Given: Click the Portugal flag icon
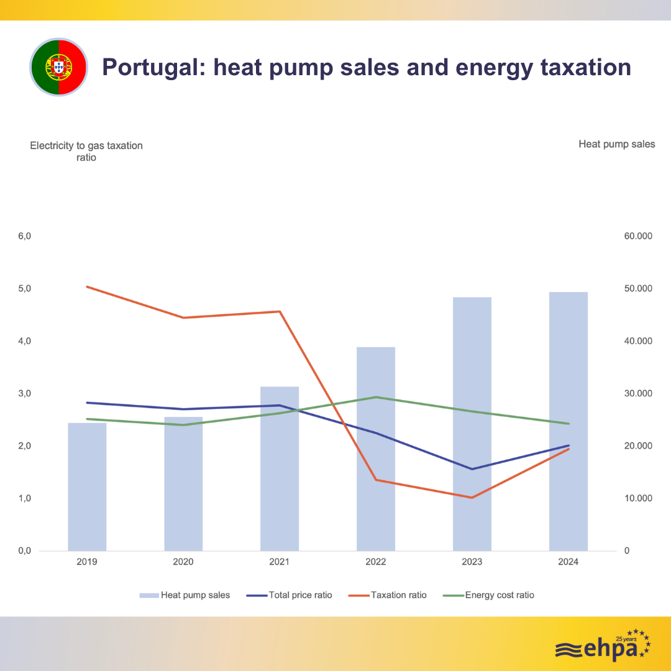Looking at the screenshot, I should coord(59,66).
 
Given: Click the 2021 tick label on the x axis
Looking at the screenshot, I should coord(280,562).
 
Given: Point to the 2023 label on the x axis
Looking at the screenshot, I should coord(472,562).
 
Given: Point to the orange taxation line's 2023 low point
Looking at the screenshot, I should coord(472,498).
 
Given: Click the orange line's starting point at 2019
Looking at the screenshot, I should coord(87,286).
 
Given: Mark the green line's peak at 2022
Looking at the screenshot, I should coord(376,397).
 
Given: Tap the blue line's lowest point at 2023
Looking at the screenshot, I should coord(472,469).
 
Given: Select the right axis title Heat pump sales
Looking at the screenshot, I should coord(616,144).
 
